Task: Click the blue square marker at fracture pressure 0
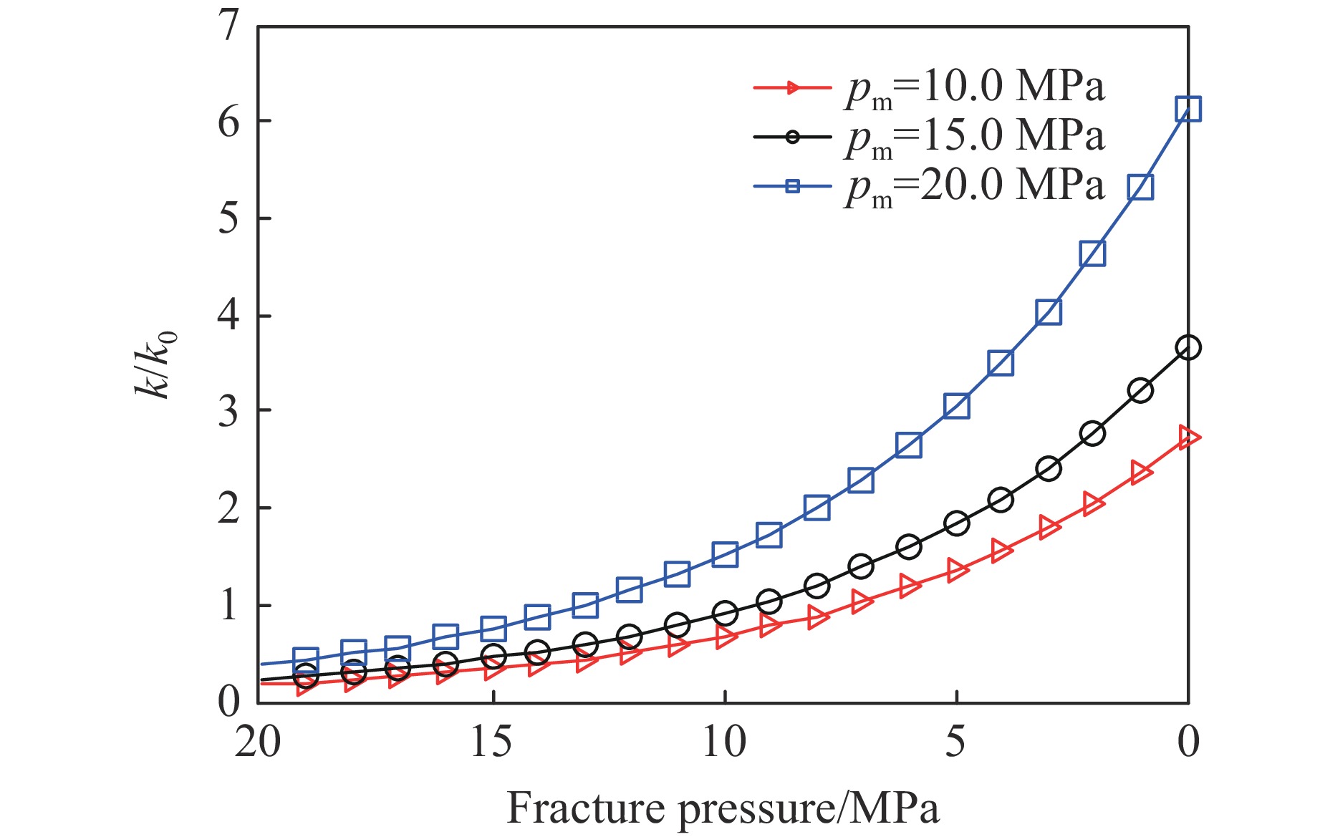pos(1188,109)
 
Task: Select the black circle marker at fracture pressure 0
pos(1188,348)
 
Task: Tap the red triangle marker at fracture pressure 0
pos(1188,437)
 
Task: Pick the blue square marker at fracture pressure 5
pos(957,406)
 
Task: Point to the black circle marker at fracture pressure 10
pos(725,613)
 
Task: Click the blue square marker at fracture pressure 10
pos(725,553)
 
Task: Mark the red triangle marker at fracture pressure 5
pos(957,571)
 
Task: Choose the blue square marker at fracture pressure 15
pos(493,629)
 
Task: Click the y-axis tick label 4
pos(228,316)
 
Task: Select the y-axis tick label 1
pos(228,606)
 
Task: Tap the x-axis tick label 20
pos(258,742)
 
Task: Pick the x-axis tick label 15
pos(492,742)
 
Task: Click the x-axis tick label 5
pos(955,742)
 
